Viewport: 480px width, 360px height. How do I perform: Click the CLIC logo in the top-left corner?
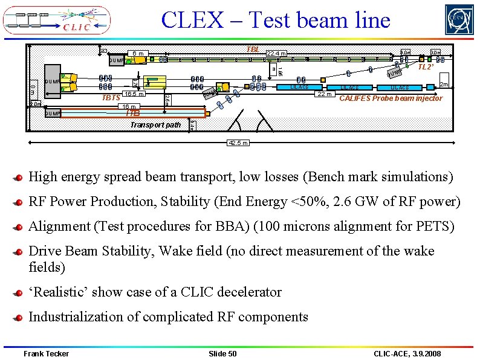[x=57, y=20]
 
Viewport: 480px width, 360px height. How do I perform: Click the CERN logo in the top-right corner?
[x=459, y=20]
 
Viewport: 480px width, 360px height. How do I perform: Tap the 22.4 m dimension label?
[x=277, y=54]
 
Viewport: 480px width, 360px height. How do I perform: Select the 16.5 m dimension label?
[x=133, y=94]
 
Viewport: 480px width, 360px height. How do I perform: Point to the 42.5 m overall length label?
[x=236, y=143]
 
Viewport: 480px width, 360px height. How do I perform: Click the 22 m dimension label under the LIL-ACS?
[x=325, y=94]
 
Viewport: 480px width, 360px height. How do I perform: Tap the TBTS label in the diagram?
[x=111, y=97]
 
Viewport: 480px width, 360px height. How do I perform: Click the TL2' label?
[x=426, y=67]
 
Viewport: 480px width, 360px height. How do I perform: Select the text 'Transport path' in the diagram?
[x=155, y=125]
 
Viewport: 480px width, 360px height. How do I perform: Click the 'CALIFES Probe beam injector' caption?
[x=391, y=98]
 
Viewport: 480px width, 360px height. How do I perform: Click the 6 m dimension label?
[x=138, y=54]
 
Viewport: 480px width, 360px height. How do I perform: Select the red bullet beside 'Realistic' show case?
[x=20, y=292]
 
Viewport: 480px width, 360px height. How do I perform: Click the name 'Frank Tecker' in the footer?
[x=46, y=353]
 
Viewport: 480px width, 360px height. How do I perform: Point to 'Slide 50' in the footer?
[x=222, y=353]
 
